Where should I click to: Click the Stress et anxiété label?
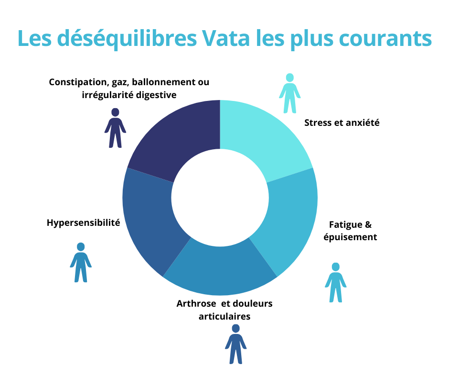[342, 122]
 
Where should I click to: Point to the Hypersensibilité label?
[84, 222]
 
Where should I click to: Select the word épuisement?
[353, 237]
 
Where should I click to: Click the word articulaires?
[224, 316]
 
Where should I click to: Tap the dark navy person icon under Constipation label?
[115, 128]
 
